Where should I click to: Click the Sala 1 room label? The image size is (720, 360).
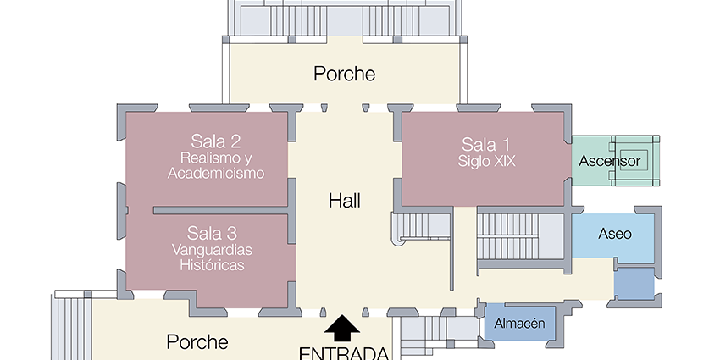pos(485,145)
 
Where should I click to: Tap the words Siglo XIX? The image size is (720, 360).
pos(486,161)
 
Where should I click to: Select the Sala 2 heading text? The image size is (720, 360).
pos(216,141)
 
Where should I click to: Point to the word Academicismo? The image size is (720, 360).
pos(216,173)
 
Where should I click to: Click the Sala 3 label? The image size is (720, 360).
pos(212,233)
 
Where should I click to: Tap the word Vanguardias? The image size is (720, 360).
pos(212,250)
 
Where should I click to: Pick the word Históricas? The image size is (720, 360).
pos(212,265)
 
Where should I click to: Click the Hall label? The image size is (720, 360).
pos(345,201)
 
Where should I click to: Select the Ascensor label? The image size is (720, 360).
pos(609,161)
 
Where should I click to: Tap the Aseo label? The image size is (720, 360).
pos(615,234)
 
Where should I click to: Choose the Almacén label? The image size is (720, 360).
pos(519,324)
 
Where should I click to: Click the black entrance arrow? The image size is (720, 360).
pos(342,328)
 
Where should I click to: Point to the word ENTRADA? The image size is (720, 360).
pos(344,353)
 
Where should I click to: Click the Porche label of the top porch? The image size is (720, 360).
pos(345,74)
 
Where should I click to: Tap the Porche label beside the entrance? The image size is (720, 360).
pos(197,341)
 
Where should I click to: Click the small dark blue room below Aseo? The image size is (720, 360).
pos(634,284)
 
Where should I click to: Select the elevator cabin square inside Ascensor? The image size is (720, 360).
pos(634,160)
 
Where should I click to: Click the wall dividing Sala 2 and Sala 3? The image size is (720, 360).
pos(221,210)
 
